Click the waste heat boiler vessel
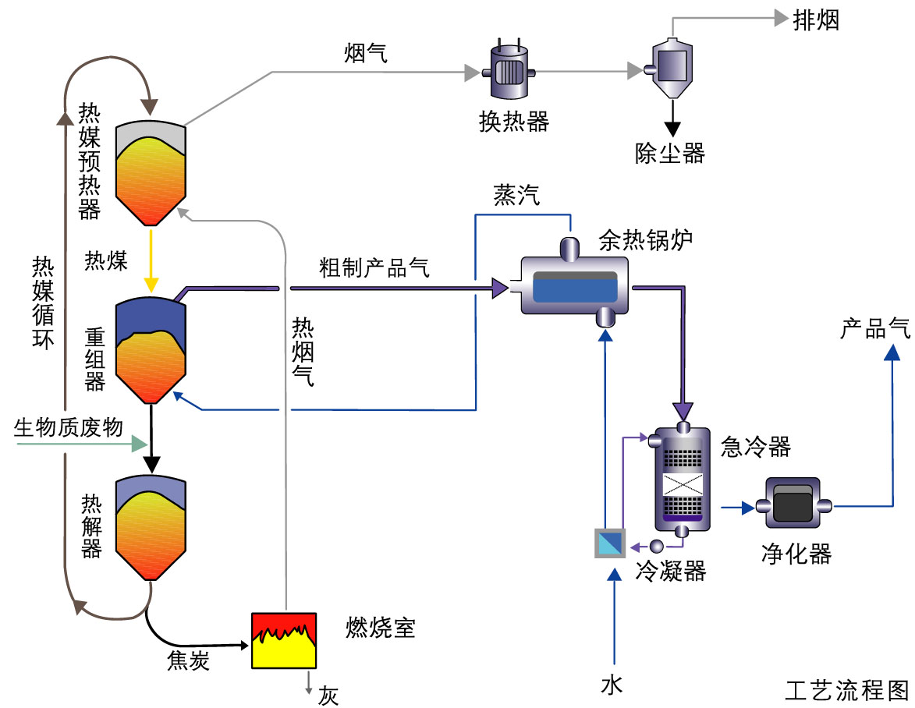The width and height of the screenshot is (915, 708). coord(574,287)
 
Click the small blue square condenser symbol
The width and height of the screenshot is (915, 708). coord(609,543)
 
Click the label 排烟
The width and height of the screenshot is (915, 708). coord(816,20)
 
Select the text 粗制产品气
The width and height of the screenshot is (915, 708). coord(374,267)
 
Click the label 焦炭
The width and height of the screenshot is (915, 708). coord(189,661)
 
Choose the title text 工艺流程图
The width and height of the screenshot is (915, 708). coord(847,690)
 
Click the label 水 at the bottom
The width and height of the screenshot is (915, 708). coord(612,685)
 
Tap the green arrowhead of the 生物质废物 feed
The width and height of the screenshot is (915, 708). coord(140,444)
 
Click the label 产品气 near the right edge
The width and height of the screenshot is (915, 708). coord(874,328)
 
